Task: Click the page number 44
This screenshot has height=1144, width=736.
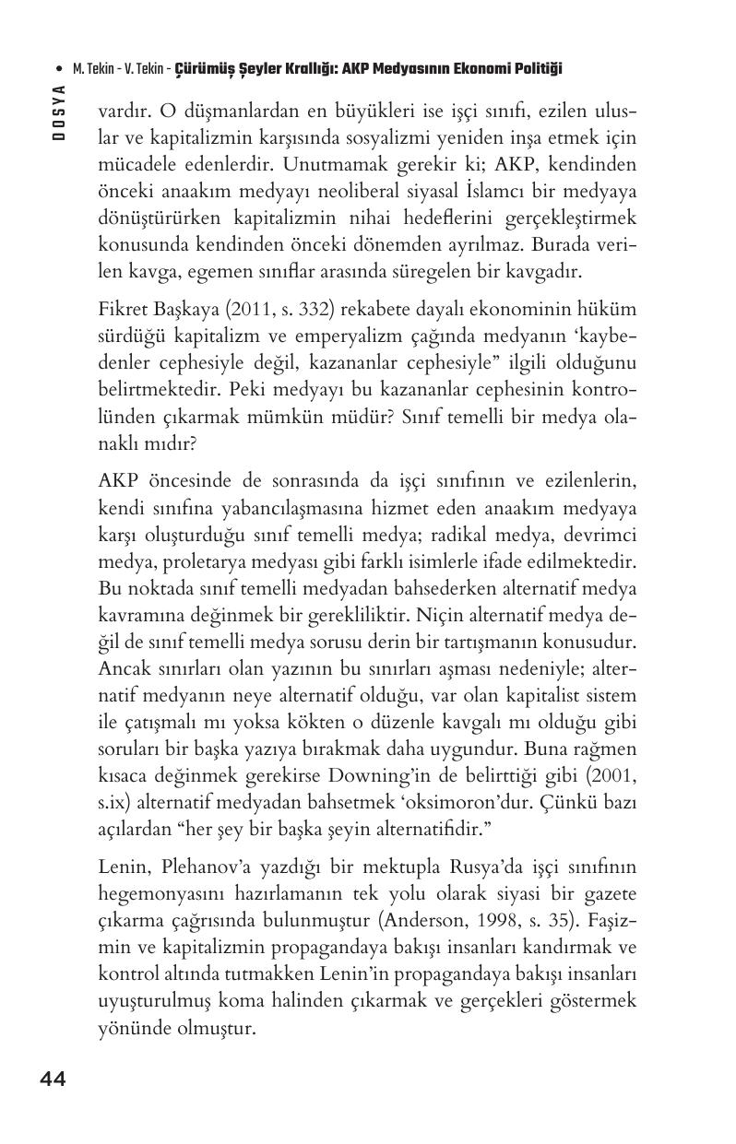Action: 53,1079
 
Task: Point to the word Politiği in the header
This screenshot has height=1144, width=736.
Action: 535,69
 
